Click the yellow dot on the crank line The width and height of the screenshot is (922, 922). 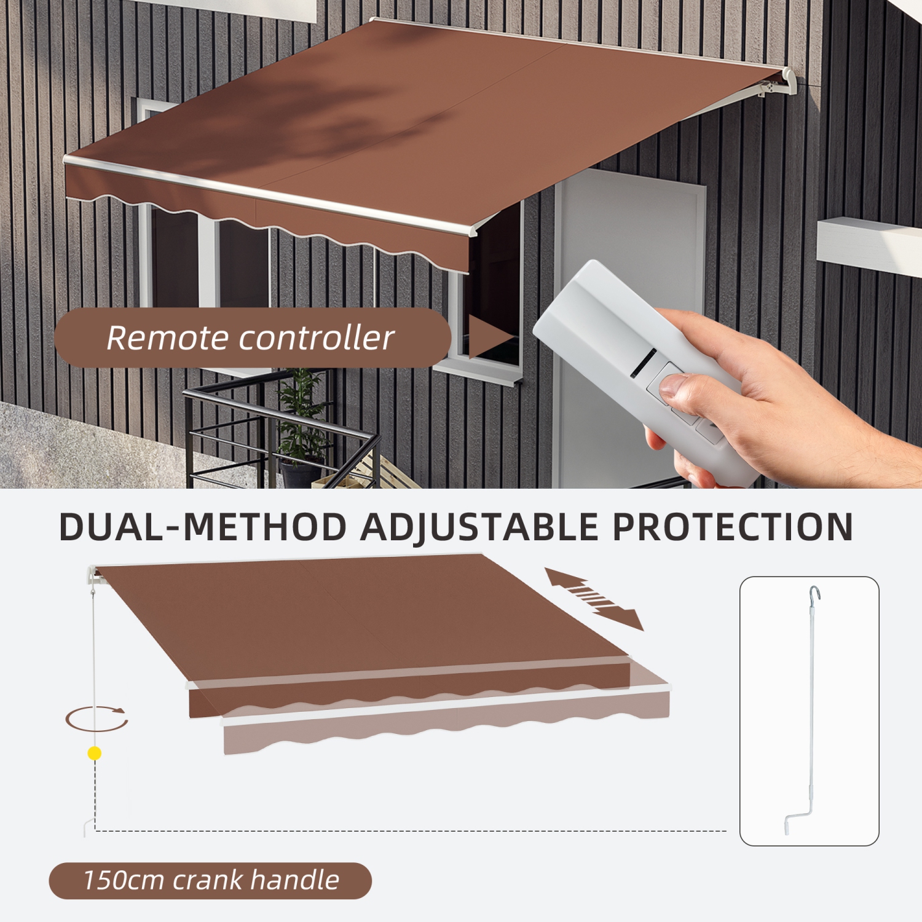pyautogui.click(x=95, y=753)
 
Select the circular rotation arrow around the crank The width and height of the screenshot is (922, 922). pyautogui.click(x=97, y=719)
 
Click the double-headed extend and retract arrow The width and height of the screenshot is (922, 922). pyautogui.click(x=594, y=598)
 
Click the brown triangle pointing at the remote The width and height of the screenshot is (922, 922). pyautogui.click(x=489, y=337)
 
